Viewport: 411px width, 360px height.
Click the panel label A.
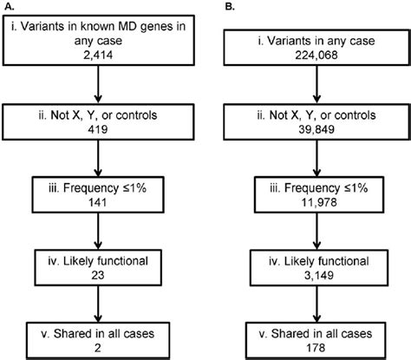6,7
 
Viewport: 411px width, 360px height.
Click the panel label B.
228,7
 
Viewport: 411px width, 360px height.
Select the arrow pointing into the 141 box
101,163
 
